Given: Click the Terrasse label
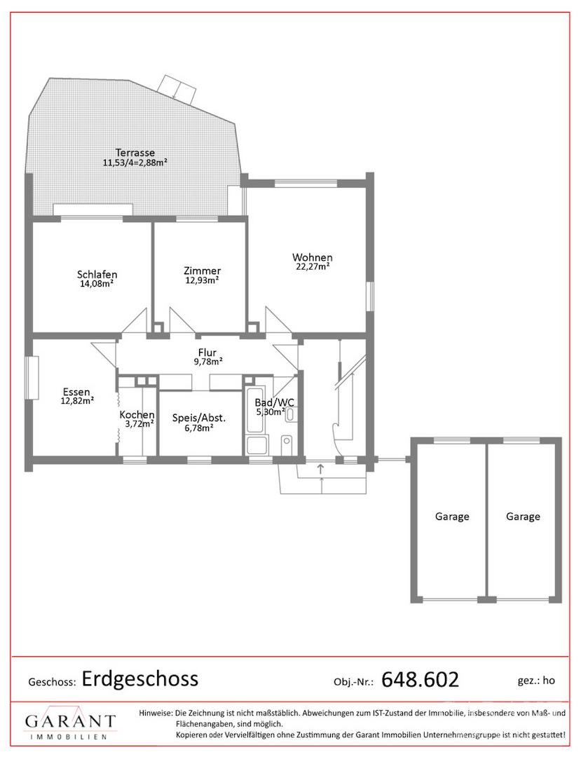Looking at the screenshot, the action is [x=135, y=153].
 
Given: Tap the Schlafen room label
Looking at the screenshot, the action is [x=97, y=274].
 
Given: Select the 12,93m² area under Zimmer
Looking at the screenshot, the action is [x=202, y=280].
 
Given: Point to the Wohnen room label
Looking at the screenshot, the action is [x=312, y=257].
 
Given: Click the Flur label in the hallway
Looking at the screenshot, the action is [x=207, y=353].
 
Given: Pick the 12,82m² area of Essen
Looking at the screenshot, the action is [x=77, y=400].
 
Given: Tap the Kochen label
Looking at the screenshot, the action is [x=137, y=415].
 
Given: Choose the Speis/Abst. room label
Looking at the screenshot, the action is [x=199, y=418].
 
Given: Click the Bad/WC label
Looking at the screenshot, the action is [x=275, y=402].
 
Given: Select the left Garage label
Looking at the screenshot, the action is [x=452, y=517].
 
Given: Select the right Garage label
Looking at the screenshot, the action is [x=523, y=517].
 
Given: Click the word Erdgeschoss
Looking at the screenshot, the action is [x=140, y=678].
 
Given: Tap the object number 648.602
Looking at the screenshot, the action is [x=420, y=680].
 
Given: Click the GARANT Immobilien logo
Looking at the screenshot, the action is [x=71, y=725].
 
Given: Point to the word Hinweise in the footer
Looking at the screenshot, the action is [x=155, y=713].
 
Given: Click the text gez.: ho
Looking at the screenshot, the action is [x=536, y=681].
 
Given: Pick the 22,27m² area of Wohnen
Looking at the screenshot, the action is [x=313, y=266].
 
